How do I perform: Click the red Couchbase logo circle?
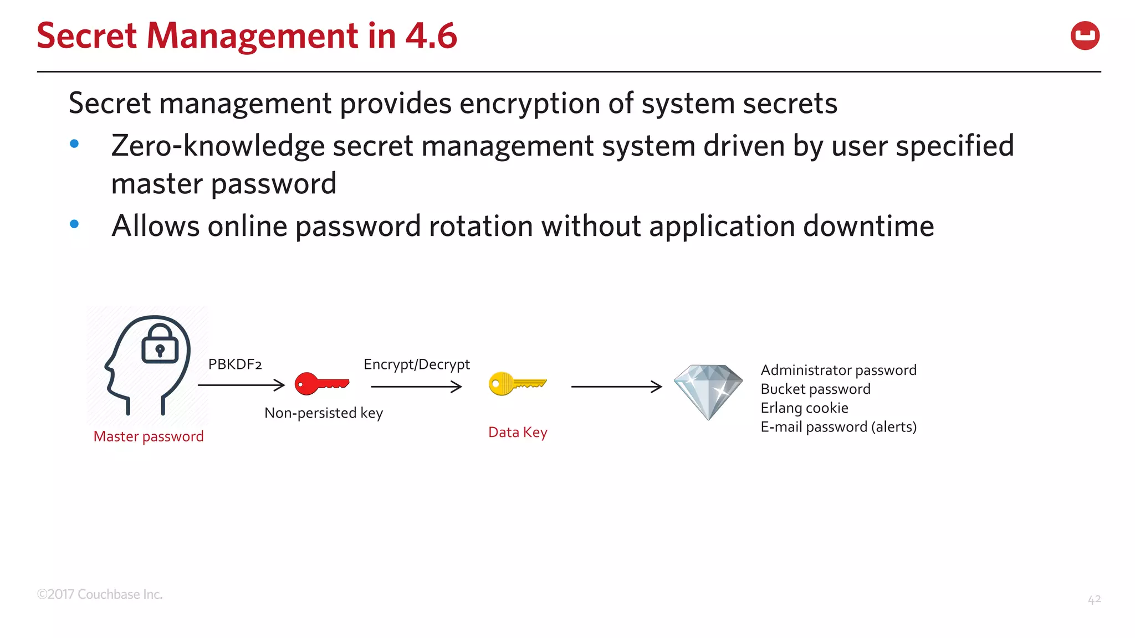1085,36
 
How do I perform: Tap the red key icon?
321,384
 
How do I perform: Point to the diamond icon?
708,391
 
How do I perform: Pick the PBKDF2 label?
235,364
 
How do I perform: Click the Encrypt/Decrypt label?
416,364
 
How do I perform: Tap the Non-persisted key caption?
324,413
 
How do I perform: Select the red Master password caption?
149,436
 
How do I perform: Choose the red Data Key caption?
518,433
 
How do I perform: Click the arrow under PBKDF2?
241,385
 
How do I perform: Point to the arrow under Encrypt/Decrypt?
416,387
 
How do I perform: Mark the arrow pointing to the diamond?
616,387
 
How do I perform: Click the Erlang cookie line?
804,408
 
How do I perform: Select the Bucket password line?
815,389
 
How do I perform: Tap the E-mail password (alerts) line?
839,427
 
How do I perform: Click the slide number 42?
1094,599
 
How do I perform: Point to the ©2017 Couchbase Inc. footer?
100,594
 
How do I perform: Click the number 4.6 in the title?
431,36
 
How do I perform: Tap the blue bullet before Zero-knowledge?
74,144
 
